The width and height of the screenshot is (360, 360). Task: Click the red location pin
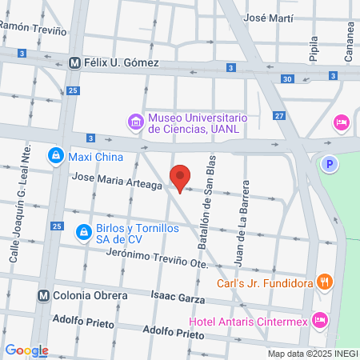coord(181,178)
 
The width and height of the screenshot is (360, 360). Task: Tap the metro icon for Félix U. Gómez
coord(74,63)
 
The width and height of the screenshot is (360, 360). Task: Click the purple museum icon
coord(135,122)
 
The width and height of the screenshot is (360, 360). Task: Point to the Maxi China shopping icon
coord(55,155)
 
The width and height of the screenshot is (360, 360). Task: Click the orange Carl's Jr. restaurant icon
coord(324,281)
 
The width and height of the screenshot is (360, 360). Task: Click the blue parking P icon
coord(328,164)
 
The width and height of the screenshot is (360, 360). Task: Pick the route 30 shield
coord(287,78)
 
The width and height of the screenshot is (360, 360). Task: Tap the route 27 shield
coord(278,116)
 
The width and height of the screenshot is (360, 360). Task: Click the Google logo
coord(26,350)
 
